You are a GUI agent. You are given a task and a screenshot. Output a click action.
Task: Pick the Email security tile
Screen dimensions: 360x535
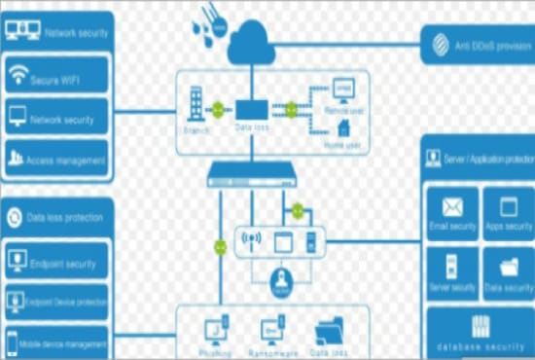click(452, 214)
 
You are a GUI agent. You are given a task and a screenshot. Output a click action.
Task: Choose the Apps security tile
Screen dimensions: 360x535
click(508, 214)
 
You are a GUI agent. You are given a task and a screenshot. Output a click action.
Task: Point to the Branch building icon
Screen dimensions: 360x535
click(195, 102)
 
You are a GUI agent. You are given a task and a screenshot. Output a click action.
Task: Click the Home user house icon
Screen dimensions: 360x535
click(343, 126)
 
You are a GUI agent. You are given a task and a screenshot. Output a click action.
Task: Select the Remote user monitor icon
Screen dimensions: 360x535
click(342, 90)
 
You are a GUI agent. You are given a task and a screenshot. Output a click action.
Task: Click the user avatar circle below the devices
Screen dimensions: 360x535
click(280, 283)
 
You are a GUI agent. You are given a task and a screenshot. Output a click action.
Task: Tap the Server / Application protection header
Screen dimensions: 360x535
click(480, 158)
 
